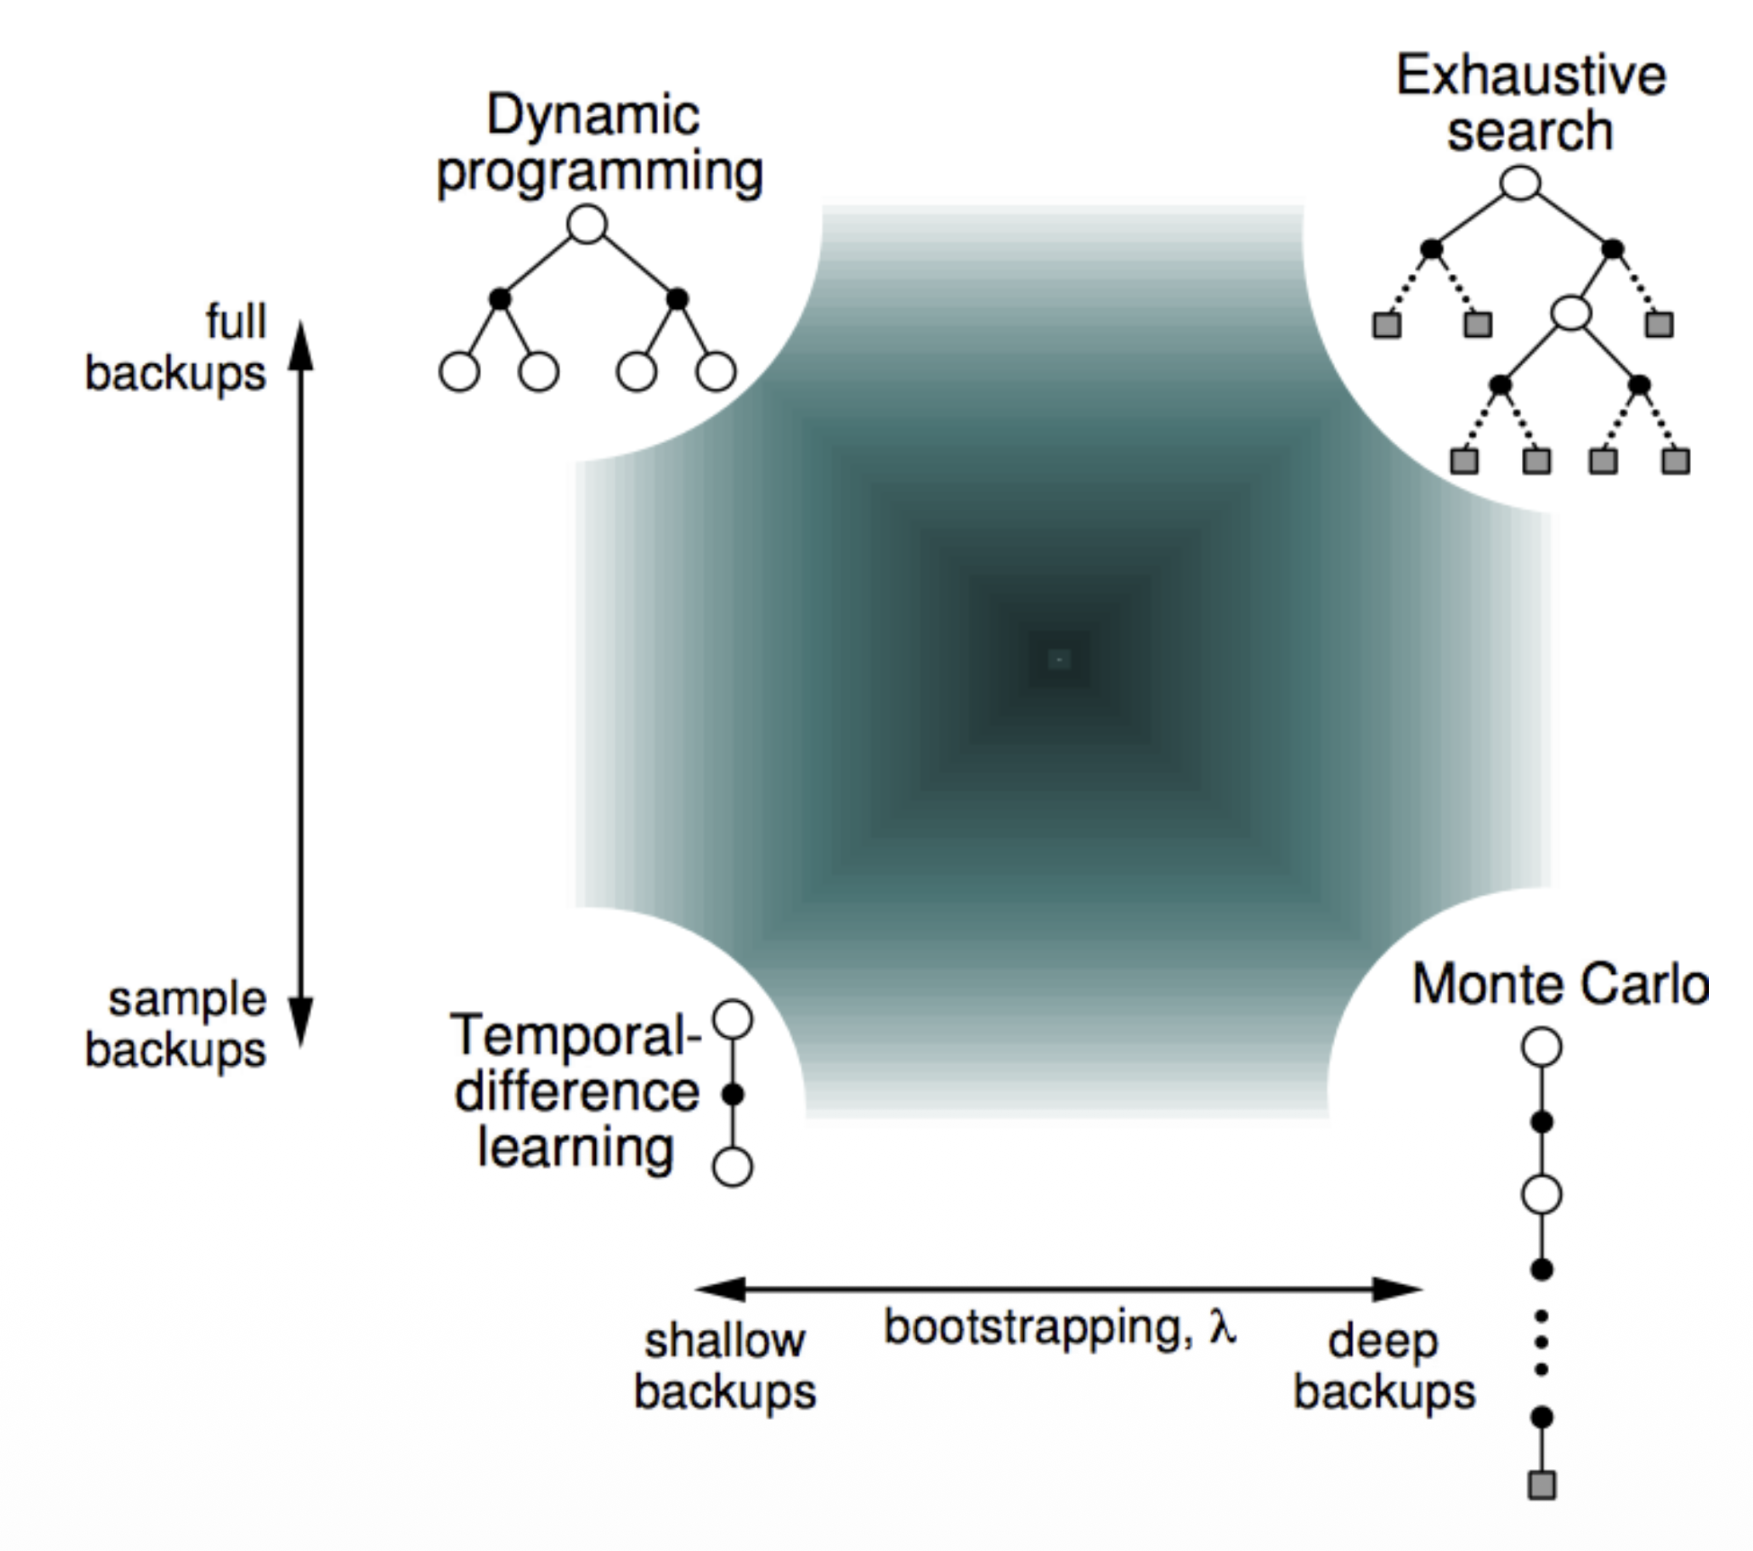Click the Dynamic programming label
click(x=598, y=144)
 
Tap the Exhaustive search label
click(x=1530, y=102)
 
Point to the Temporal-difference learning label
click(x=576, y=1091)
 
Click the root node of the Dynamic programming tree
click(x=587, y=225)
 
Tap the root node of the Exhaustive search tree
click(x=1520, y=182)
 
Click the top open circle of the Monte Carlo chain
click(x=1542, y=1048)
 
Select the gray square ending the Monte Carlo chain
click(x=1542, y=1485)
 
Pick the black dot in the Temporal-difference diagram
click(x=733, y=1095)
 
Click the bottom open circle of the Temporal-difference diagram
click(x=733, y=1167)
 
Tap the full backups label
click(x=176, y=347)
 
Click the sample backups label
click(x=176, y=1024)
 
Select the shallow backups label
click(x=725, y=1367)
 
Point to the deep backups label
click(x=1384, y=1367)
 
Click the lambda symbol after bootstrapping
click(x=1222, y=1326)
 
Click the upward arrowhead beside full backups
click(x=301, y=346)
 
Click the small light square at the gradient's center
click(x=1059, y=660)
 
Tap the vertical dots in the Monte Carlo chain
click(x=1542, y=1343)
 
